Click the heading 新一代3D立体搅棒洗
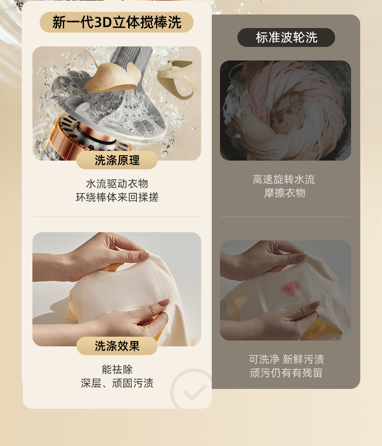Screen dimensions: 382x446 click(x=117, y=22)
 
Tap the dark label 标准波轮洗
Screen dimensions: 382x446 click(x=286, y=38)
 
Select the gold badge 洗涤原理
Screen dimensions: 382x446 click(x=117, y=160)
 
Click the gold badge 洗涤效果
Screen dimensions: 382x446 click(x=117, y=346)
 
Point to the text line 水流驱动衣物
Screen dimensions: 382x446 click(x=117, y=184)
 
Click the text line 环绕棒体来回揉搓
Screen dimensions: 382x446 click(x=117, y=197)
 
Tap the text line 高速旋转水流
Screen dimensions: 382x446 click(x=284, y=179)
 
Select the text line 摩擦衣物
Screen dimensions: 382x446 click(x=284, y=193)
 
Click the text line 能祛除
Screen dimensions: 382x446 click(x=117, y=370)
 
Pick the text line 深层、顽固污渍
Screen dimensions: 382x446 click(x=117, y=383)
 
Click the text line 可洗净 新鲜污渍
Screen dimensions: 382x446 click(x=286, y=359)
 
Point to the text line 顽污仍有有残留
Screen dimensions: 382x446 click(x=286, y=372)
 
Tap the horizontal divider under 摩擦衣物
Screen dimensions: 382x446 click(x=285, y=217)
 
